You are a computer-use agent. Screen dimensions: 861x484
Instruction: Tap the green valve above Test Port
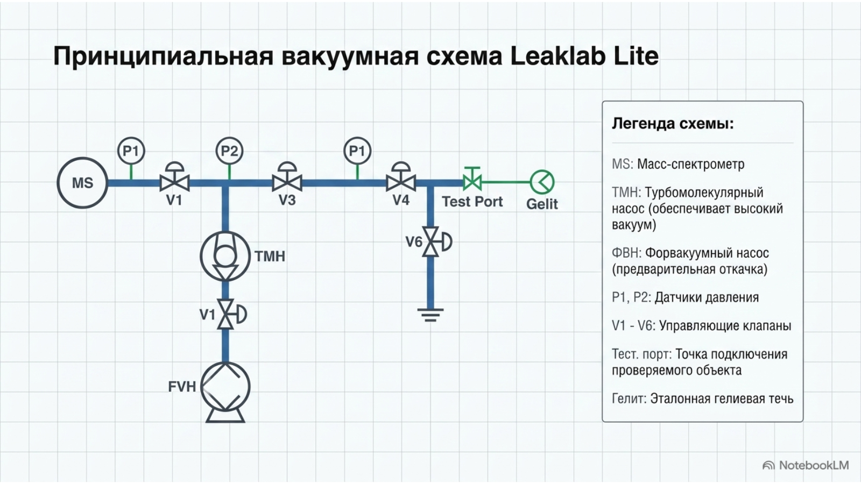click(x=472, y=179)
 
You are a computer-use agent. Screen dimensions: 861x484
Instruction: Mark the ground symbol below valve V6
click(x=430, y=315)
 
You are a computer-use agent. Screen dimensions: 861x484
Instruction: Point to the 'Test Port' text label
click(x=472, y=202)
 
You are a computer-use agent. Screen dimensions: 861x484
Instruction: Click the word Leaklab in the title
click(x=557, y=56)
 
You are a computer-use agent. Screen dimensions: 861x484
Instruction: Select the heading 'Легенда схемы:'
click(x=673, y=124)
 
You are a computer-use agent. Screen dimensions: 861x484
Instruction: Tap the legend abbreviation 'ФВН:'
click(x=627, y=253)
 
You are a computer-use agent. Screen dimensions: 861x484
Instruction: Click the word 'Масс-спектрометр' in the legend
click(x=691, y=165)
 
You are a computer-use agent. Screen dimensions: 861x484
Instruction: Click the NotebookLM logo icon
click(x=768, y=466)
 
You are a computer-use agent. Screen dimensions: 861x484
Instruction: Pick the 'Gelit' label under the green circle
click(x=542, y=204)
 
